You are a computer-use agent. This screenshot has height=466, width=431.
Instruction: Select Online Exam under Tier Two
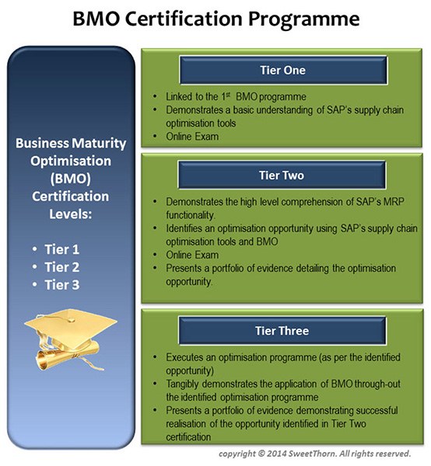tap(192, 255)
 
